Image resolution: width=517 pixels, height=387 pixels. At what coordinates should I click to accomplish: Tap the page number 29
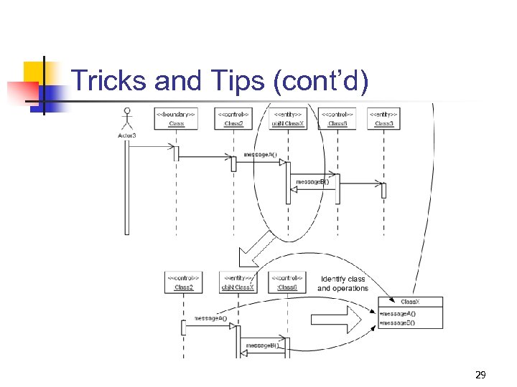pyautogui.click(x=480, y=374)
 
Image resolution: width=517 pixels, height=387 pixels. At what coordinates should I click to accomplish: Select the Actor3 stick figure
pyautogui.click(x=128, y=118)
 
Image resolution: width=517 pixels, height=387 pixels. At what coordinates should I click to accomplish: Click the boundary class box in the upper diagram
pyautogui.click(x=176, y=118)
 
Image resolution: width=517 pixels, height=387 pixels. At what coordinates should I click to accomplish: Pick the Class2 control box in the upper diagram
pyautogui.click(x=233, y=118)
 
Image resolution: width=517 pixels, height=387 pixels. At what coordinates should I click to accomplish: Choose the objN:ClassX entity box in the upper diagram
pyautogui.click(x=287, y=118)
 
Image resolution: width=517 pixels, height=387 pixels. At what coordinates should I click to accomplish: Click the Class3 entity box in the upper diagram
pyautogui.click(x=383, y=118)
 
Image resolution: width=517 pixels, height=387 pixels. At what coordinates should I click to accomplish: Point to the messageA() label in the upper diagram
pyautogui.click(x=260, y=154)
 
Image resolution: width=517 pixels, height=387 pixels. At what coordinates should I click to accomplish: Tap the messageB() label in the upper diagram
pyautogui.click(x=312, y=181)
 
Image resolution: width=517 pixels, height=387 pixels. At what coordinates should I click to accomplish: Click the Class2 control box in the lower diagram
pyautogui.click(x=183, y=282)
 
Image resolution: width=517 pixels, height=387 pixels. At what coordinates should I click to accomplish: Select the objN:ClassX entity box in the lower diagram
pyautogui.click(x=238, y=282)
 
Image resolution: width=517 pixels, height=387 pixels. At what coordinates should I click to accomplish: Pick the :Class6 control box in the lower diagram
pyautogui.click(x=287, y=282)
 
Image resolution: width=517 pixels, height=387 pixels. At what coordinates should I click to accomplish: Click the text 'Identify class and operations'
pyautogui.click(x=343, y=284)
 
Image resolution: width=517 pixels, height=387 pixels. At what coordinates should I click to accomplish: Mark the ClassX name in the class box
pyautogui.click(x=410, y=301)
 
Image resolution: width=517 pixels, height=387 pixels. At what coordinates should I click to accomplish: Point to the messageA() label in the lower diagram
pyautogui.click(x=210, y=318)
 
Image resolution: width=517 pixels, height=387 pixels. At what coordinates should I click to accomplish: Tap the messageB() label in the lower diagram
pyautogui.click(x=263, y=345)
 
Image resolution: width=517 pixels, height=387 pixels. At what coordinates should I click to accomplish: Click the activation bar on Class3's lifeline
pyautogui.click(x=383, y=190)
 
